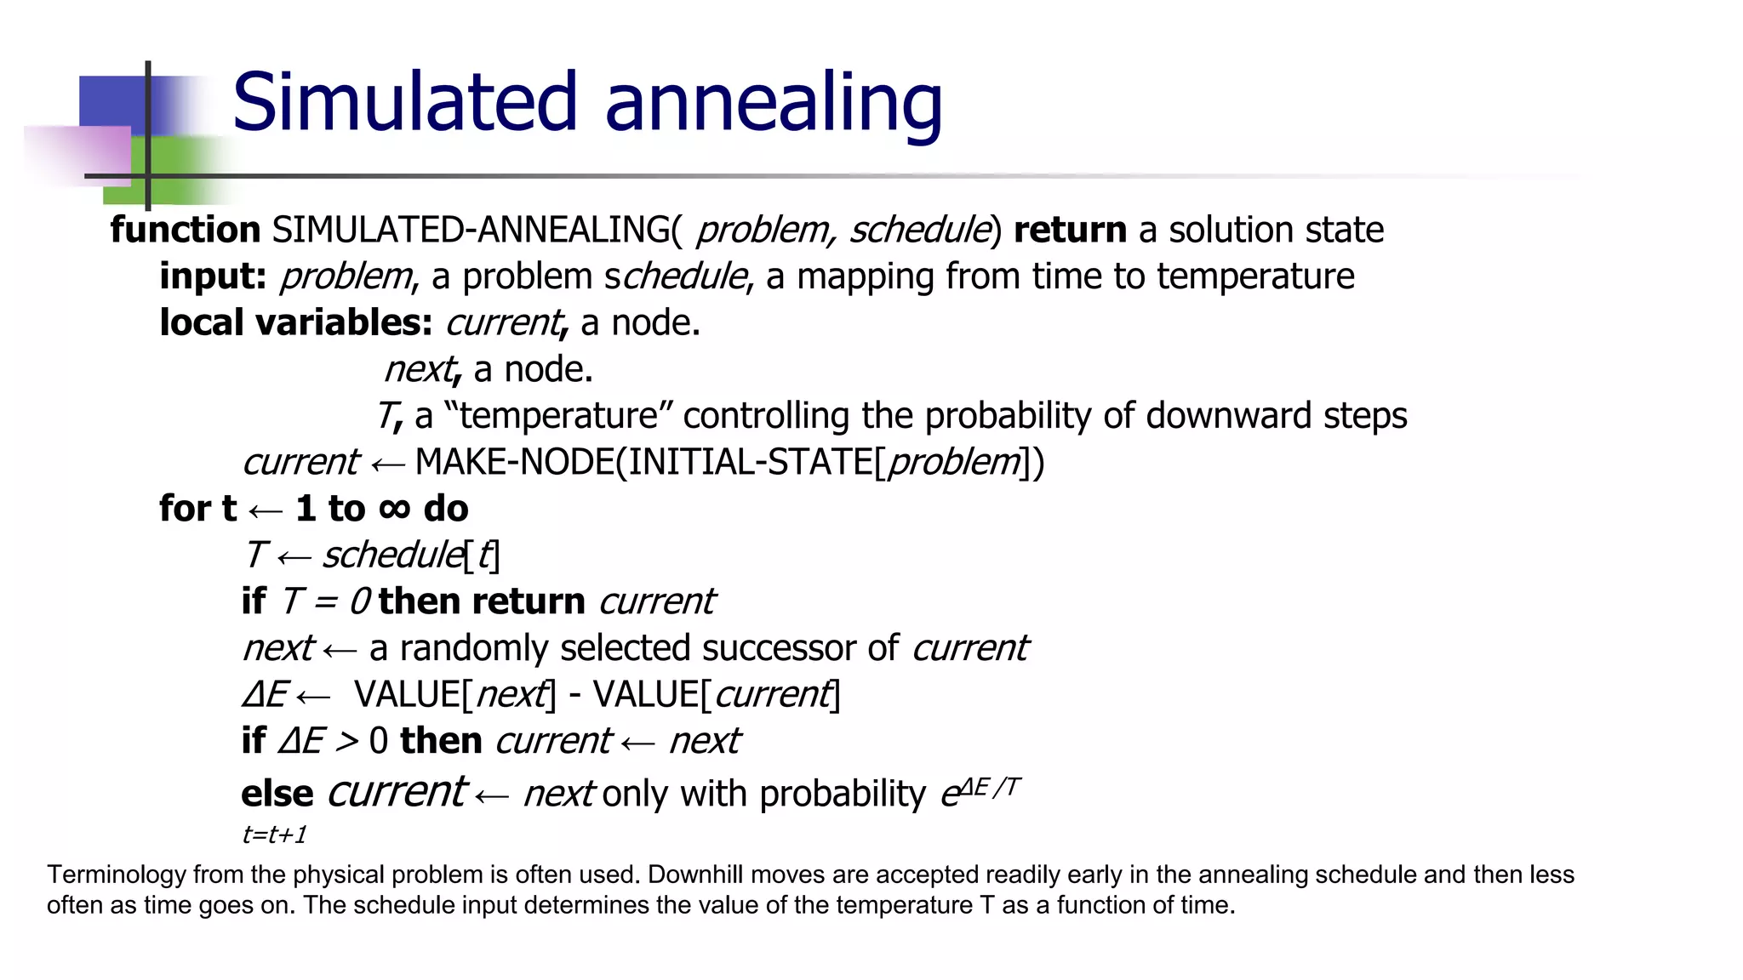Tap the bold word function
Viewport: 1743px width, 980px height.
coord(185,230)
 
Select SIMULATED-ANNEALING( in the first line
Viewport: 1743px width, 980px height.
coord(477,230)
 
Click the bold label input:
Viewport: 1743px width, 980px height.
coord(213,276)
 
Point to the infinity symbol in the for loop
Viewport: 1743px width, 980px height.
coord(394,508)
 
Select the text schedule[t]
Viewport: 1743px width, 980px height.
coord(411,556)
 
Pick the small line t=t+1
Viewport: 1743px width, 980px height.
coord(274,835)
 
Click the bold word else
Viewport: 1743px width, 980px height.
coord(277,794)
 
